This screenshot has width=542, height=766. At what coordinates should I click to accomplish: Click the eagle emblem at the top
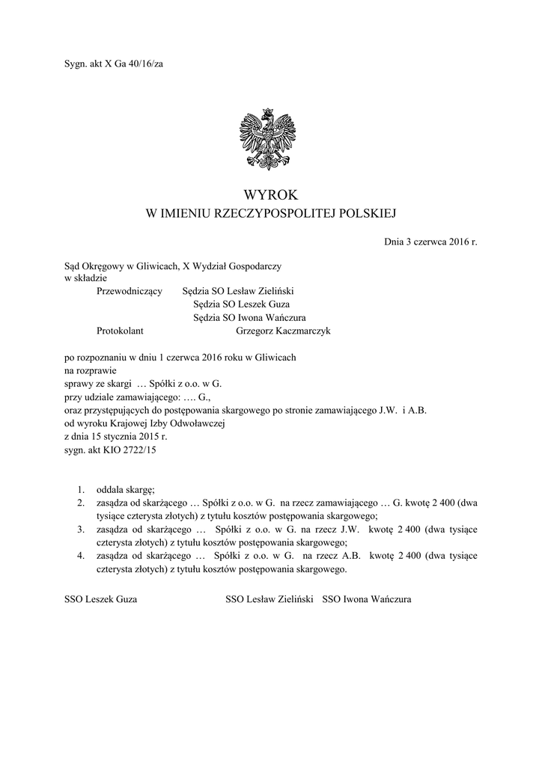pyautogui.click(x=270, y=140)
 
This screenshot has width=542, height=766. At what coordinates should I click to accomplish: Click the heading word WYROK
pyautogui.click(x=270, y=194)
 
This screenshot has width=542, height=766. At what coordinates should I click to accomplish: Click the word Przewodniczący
pyautogui.click(x=130, y=291)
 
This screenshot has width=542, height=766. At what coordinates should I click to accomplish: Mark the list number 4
pyautogui.click(x=81, y=556)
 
